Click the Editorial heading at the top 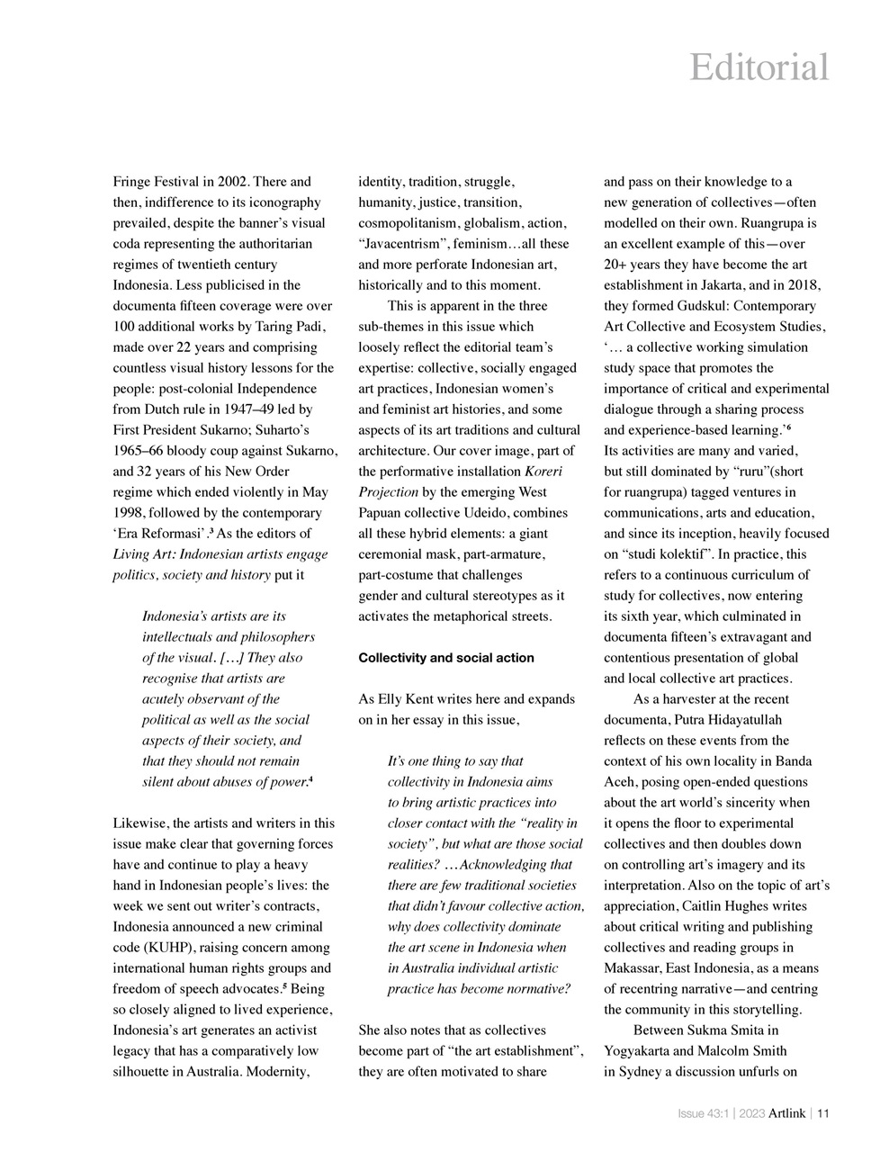759,67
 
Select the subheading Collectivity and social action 445,658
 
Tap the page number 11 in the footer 822,1113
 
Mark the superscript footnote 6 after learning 788,428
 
